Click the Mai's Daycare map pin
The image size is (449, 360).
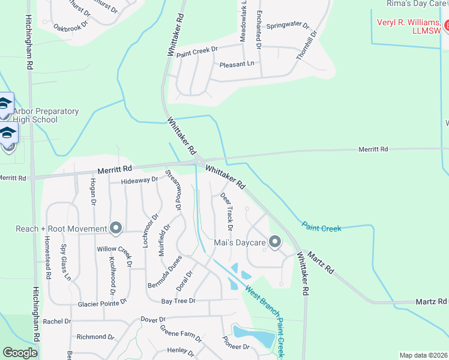[x=275, y=242]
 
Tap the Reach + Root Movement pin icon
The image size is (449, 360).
[x=116, y=229]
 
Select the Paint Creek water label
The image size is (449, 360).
[x=322, y=228]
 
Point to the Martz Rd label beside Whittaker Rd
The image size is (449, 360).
[x=320, y=262]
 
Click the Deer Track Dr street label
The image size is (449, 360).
[x=227, y=211]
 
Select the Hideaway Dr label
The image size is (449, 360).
[x=139, y=179]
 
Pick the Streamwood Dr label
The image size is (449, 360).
[x=174, y=189]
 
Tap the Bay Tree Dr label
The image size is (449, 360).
[x=178, y=301]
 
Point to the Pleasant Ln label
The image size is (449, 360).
[x=237, y=64]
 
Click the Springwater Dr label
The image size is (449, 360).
[x=288, y=26]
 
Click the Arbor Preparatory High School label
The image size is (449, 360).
[x=46, y=115]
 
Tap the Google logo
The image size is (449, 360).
[x=20, y=353]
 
